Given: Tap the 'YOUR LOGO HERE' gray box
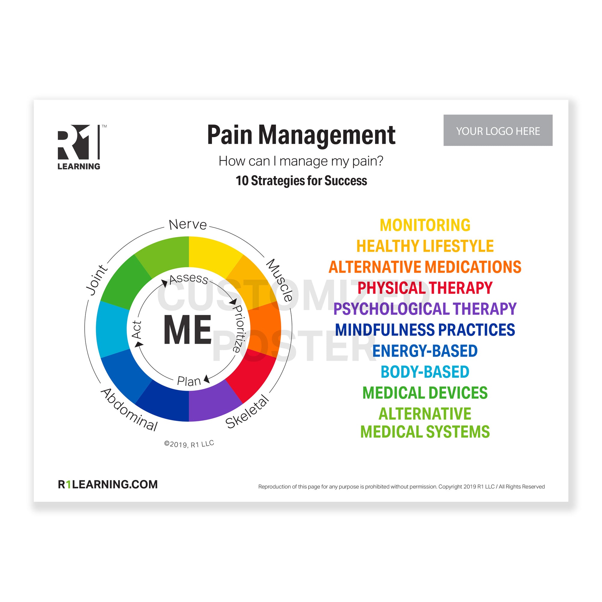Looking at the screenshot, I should click(x=498, y=130).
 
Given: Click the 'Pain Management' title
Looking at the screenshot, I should click(x=301, y=135).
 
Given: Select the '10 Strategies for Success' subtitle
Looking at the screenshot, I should click(x=301, y=181).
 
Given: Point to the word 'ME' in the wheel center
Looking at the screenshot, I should click(x=188, y=330).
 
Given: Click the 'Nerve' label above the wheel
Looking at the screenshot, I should click(x=188, y=224).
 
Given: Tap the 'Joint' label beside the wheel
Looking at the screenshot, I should click(x=97, y=280).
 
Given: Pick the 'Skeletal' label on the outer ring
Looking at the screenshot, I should click(x=247, y=411).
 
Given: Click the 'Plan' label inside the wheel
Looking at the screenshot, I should click(x=189, y=381).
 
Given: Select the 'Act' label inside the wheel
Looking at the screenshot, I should click(x=136, y=329).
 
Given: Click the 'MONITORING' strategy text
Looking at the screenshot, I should click(x=425, y=225).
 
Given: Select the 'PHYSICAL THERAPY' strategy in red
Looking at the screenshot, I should click(x=425, y=288).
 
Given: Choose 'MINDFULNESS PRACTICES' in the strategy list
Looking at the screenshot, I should click(x=425, y=330).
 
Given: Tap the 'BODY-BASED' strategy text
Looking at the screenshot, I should click(x=425, y=372).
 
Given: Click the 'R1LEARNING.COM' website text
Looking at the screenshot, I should click(x=108, y=484).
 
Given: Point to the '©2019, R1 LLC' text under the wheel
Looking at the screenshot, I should click(x=189, y=444).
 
